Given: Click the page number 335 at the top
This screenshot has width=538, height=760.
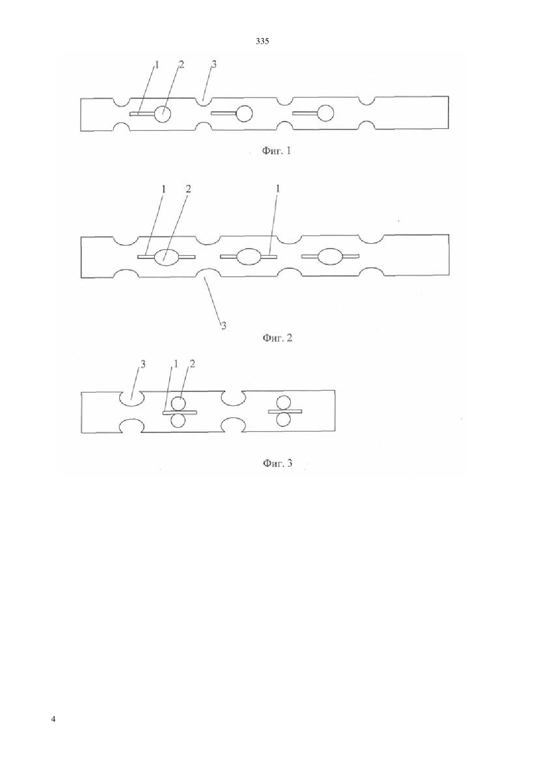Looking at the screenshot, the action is point(262,42).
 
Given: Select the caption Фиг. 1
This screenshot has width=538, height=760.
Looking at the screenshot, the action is point(276,150).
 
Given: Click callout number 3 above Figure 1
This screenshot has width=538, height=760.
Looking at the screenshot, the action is point(214,64).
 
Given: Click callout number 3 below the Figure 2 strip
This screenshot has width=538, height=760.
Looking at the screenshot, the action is point(224,326).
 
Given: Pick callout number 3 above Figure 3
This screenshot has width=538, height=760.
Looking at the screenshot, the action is point(143,364).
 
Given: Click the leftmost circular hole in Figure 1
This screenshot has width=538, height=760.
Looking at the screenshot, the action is point(162,114).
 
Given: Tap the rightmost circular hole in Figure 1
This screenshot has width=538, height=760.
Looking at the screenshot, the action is point(325,113).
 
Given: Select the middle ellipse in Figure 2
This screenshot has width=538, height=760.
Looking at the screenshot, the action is point(248,256).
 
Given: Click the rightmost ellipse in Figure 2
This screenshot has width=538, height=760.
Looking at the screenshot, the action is point(330,256).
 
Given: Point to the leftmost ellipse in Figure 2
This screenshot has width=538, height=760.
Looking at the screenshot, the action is point(166,257).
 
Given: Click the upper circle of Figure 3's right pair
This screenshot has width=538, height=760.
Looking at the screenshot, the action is point(284,403).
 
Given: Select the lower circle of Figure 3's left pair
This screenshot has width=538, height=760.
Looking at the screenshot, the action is point(178,421).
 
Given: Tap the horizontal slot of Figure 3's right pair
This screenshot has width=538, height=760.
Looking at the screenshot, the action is point(285,412).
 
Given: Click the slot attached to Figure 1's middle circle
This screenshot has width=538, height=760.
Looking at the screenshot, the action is point(224,113).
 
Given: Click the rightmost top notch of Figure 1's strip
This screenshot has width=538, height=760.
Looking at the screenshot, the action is point(367,101).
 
